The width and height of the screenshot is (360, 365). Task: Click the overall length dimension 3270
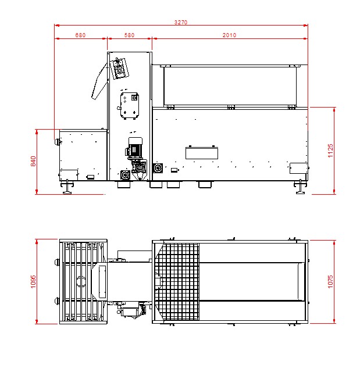click(181, 22)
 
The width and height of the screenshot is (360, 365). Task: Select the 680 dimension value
click(80, 35)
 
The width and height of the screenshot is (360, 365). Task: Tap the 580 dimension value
click(129, 35)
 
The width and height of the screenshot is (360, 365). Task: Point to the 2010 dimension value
click(229, 35)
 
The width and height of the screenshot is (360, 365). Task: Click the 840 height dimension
click(34, 161)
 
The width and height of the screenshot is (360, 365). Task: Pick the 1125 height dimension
click(330, 151)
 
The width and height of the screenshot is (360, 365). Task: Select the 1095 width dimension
click(33, 281)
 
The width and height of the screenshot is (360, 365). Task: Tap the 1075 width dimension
click(330, 281)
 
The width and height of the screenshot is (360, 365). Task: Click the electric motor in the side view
click(134, 148)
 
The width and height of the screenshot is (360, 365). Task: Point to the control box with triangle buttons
click(129, 105)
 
